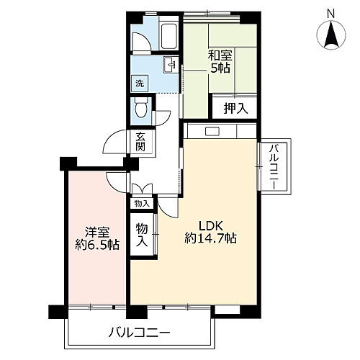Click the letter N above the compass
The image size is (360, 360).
coord(330,12)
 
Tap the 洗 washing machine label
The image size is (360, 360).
coord(140,83)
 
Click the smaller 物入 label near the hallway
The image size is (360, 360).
coord(141,204)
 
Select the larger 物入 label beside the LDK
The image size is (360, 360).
coord(143,234)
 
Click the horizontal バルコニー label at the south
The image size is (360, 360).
coord(140,333)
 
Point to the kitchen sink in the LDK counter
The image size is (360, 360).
coord(212,131)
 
